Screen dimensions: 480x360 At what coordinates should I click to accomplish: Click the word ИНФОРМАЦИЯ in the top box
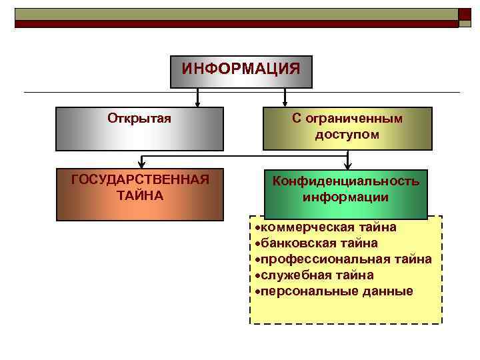(241, 69)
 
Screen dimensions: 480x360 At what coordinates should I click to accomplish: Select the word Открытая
(139, 118)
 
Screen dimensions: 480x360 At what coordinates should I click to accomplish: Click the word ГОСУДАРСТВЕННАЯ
(140, 180)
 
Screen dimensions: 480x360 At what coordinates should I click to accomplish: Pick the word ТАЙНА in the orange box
(139, 196)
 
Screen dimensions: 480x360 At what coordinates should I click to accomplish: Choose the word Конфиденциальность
(345, 181)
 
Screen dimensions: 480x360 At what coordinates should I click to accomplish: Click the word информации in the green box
(345, 197)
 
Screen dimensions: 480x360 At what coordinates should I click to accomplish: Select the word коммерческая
(302, 227)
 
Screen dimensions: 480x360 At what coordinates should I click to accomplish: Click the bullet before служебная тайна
(257, 275)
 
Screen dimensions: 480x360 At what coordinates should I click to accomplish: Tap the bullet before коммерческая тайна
(257, 227)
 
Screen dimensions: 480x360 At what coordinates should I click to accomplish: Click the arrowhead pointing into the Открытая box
(197, 103)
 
